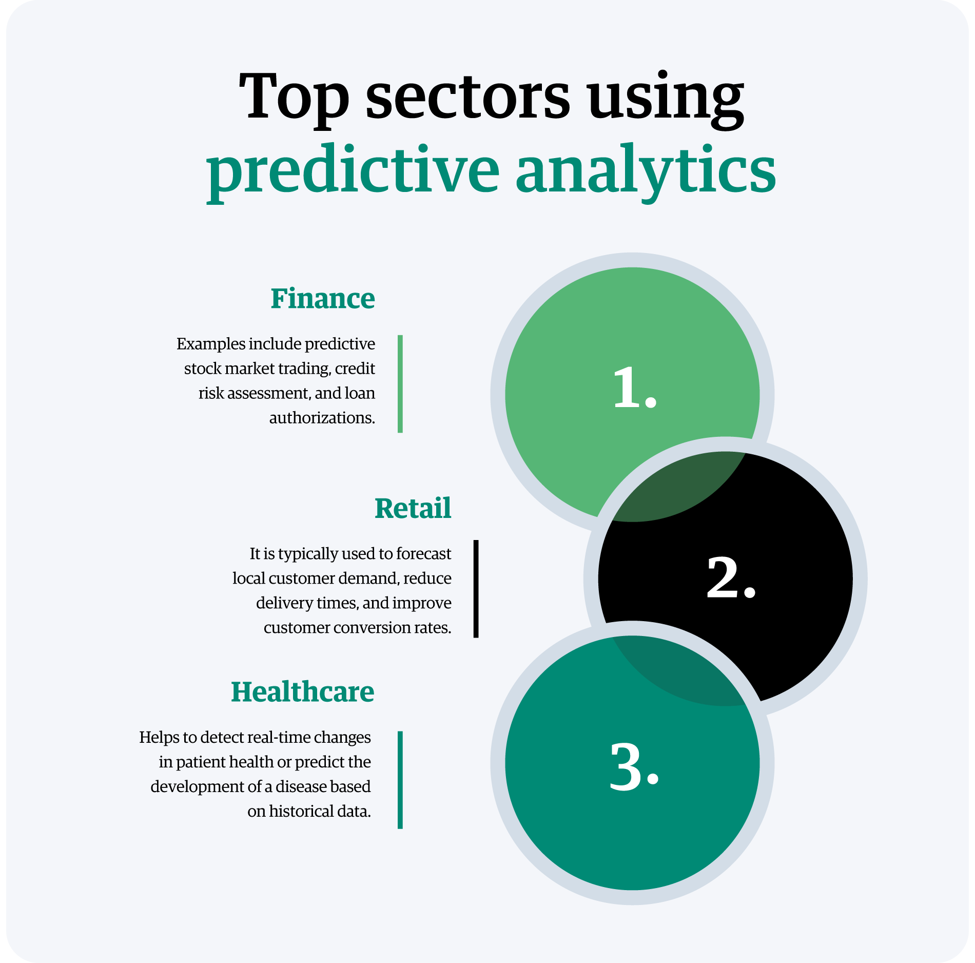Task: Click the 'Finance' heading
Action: point(323,299)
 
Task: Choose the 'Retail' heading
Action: point(413,508)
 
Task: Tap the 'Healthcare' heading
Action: point(303,692)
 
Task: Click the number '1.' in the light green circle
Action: point(634,388)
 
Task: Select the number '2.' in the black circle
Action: point(731,579)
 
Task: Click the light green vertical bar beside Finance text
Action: point(400,384)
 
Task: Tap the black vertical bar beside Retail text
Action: point(476,589)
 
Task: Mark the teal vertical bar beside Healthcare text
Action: point(400,780)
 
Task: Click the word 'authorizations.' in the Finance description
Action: point(322,418)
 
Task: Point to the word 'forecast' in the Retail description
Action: point(424,554)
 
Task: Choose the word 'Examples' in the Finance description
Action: point(211,344)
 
